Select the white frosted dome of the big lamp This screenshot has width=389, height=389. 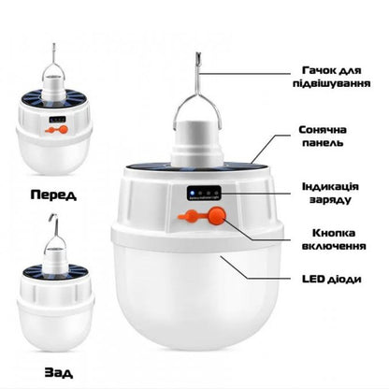click(x=197, y=299)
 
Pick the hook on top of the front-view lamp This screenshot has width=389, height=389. click(x=53, y=62)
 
